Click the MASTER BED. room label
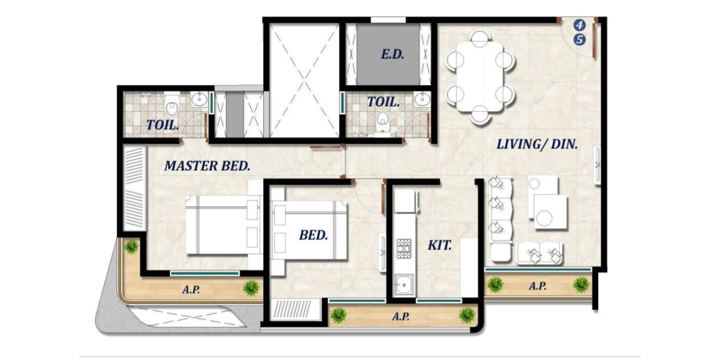click(x=207, y=166)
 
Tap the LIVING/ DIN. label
click(x=537, y=145)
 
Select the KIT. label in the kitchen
click(x=439, y=245)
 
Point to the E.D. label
click(x=392, y=55)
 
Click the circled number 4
click(x=580, y=25)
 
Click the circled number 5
click(x=580, y=40)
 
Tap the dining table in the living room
click(x=480, y=77)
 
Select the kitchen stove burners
click(x=404, y=248)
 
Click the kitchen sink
click(x=403, y=284)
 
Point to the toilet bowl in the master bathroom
click(x=172, y=105)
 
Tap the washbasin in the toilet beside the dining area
click(x=422, y=99)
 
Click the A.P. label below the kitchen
click(x=401, y=317)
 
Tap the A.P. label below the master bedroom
click(x=191, y=290)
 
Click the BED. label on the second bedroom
click(x=313, y=235)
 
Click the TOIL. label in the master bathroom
click(x=163, y=124)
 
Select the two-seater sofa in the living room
click(x=539, y=253)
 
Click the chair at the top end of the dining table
click(x=480, y=37)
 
